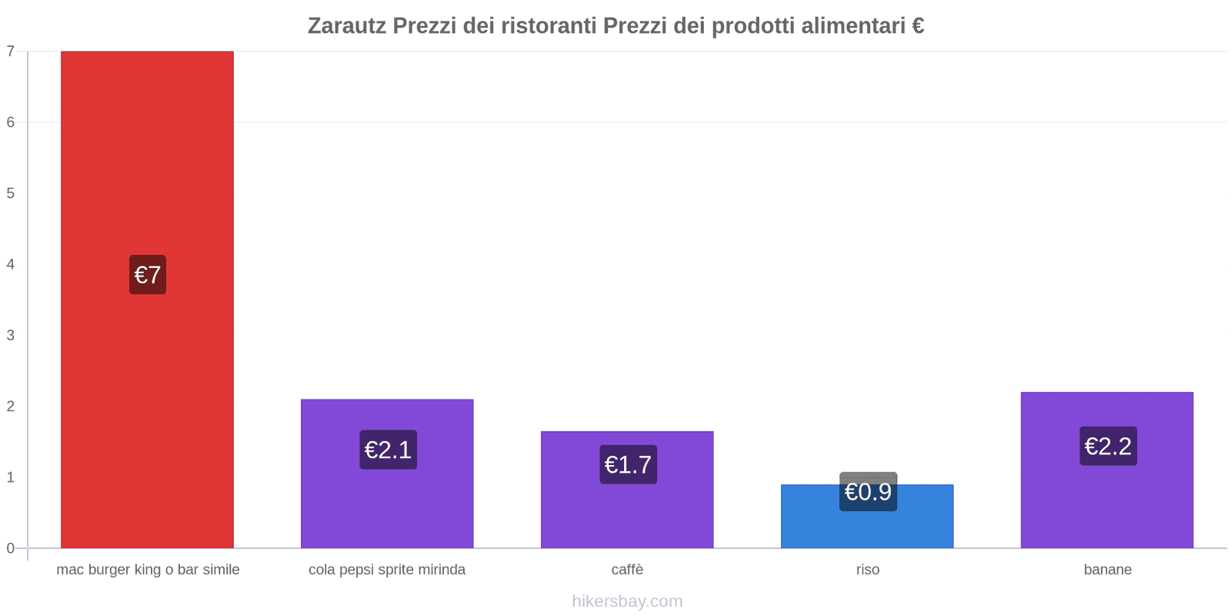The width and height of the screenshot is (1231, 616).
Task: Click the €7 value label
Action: (148, 275)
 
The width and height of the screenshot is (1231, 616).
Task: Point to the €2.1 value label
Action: (388, 450)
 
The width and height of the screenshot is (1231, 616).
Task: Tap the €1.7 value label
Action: (628, 464)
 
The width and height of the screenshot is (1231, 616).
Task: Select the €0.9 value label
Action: (868, 491)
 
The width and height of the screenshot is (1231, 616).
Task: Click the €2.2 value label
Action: (1108, 446)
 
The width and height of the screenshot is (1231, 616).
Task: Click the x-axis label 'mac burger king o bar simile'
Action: (148, 570)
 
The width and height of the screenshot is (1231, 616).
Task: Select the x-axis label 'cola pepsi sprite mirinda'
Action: (387, 570)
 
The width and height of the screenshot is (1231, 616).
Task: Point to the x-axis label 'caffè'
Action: (627, 570)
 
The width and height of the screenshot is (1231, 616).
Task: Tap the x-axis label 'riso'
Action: (867, 570)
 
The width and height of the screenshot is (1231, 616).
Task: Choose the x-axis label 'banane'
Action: (1107, 570)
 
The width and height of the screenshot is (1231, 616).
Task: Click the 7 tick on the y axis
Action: (11, 52)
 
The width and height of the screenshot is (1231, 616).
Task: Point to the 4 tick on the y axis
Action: (11, 264)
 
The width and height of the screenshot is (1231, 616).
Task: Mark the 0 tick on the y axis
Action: (11, 548)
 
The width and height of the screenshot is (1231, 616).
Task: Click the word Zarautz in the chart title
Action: (347, 26)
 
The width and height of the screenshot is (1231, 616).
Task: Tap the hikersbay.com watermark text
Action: (627, 601)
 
